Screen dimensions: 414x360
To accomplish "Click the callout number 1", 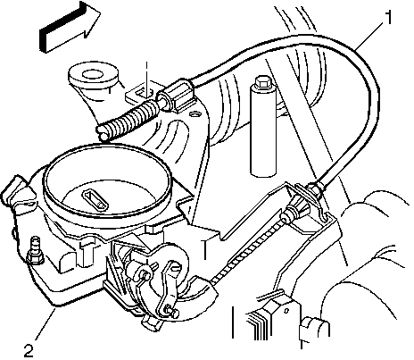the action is (388, 18).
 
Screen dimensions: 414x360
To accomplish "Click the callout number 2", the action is (29, 351).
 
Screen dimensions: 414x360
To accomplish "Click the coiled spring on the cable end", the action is (128, 120).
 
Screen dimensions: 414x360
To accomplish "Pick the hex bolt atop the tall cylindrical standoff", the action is (262, 82).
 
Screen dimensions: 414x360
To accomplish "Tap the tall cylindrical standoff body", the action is (263, 131).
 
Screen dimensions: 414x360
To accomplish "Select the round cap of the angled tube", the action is (93, 74).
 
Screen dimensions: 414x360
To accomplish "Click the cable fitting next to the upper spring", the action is (178, 96).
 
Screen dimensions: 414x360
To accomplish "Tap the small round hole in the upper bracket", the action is (195, 114).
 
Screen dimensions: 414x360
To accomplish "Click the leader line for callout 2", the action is (46, 324).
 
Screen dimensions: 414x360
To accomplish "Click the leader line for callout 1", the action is (369, 34).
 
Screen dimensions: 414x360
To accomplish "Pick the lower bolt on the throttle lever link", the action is (171, 310).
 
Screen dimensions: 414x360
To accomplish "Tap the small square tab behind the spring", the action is (141, 93).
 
